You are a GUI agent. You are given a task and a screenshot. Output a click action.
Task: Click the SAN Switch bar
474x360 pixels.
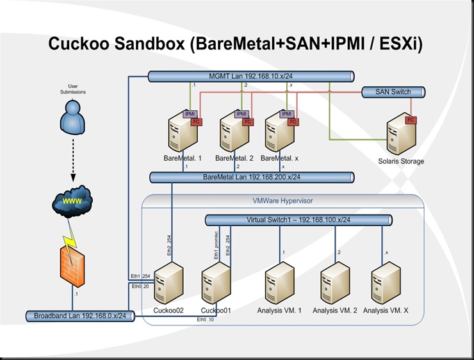point(393,92)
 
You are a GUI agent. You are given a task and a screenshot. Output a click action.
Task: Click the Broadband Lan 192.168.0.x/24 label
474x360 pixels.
point(80,315)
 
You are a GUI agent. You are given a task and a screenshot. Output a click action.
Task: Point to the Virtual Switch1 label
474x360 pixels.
point(297,220)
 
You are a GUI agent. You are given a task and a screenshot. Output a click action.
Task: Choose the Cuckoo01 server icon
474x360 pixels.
point(216,285)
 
